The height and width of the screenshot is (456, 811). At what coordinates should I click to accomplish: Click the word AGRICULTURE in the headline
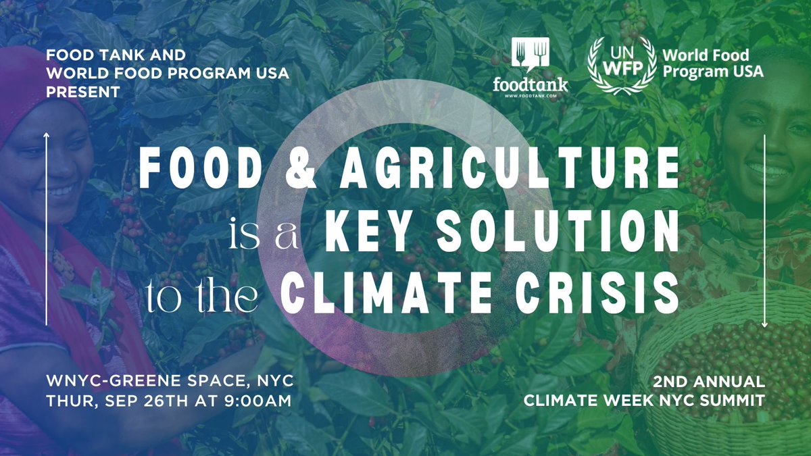click(509, 169)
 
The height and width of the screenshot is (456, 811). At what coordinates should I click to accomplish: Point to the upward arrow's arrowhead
click(46, 136)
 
